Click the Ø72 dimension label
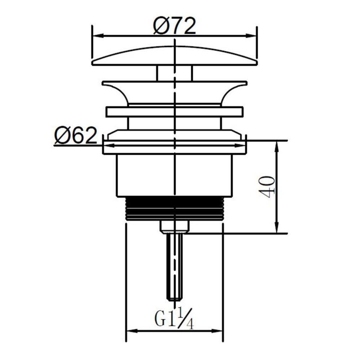174,26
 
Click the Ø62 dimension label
76,137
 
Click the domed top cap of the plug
174,56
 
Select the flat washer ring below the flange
174,112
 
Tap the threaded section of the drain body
174,208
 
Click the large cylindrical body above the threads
174,176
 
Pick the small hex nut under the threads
174,226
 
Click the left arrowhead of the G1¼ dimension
130,331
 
